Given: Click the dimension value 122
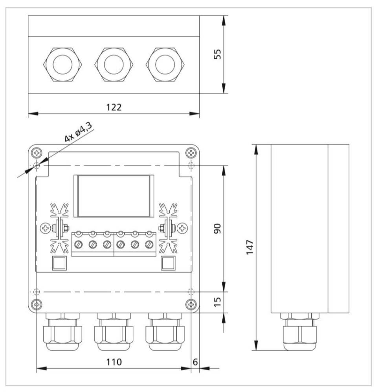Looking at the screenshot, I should click(114, 107).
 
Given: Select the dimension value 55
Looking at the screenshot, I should click(217, 54).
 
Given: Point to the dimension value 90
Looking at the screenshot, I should click(217, 229).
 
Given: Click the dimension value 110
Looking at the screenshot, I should click(114, 361).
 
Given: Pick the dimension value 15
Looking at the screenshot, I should click(217, 302).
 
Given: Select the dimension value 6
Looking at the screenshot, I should click(195, 361).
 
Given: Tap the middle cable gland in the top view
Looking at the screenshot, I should click(114, 64).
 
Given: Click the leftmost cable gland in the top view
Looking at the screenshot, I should click(63, 64).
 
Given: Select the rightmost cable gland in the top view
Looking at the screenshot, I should click(165, 64).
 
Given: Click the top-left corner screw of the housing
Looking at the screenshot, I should click(37, 152).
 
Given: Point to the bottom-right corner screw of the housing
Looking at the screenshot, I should click(191, 304).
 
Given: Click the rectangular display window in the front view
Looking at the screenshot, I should click(114, 196).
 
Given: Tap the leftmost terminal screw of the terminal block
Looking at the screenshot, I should click(79, 244).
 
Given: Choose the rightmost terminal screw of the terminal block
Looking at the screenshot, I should click(149, 244).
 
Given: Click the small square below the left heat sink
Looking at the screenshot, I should click(58, 263).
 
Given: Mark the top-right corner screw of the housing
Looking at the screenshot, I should click(191, 152).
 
